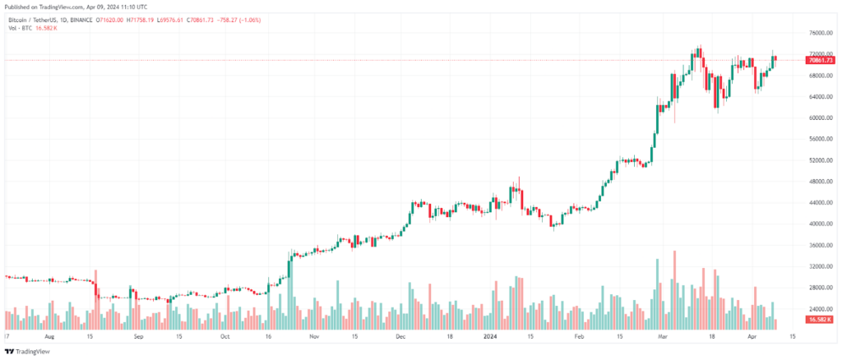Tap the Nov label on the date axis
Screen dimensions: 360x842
point(312,336)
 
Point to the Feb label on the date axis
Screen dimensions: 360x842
point(580,336)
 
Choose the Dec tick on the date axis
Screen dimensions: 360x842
point(401,336)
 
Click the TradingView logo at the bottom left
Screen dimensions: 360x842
point(30,351)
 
